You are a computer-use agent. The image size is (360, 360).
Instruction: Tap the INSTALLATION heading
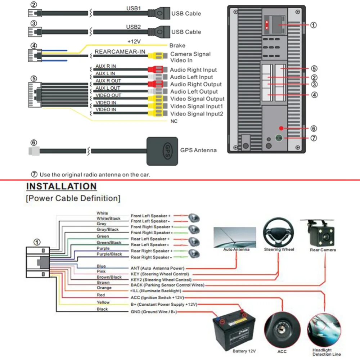62,186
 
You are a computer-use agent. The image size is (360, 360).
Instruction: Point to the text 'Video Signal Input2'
197,114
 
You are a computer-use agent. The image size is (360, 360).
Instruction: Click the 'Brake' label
177,45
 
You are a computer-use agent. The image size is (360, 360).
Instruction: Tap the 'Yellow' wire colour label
103,302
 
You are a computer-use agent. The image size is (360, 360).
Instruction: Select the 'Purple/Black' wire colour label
109,254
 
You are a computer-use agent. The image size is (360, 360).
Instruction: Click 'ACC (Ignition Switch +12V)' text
157,298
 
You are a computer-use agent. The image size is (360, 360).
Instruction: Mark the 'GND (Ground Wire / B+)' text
154,312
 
